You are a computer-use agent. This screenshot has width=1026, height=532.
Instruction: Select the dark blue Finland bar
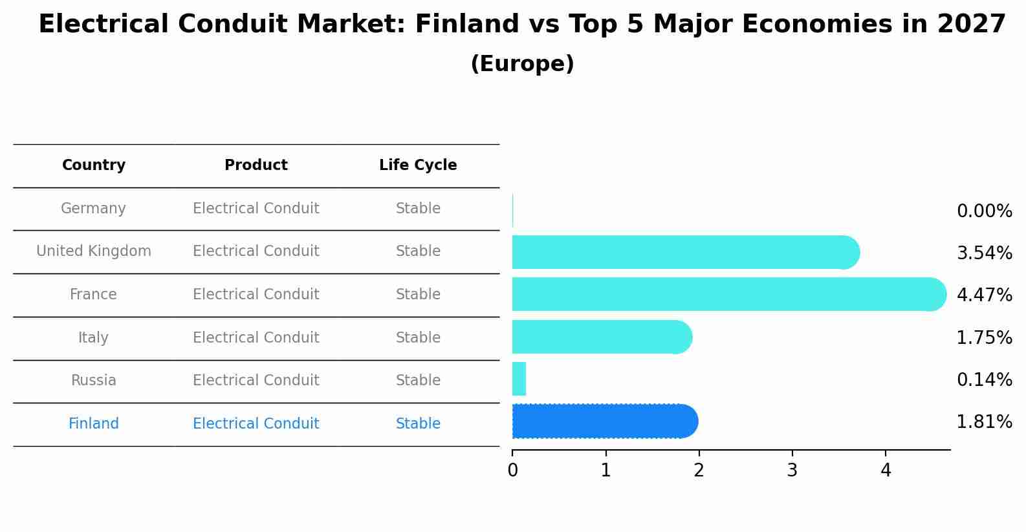(604, 421)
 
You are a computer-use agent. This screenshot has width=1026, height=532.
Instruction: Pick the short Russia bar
(519, 379)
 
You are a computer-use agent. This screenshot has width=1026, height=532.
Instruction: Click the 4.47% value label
(984, 295)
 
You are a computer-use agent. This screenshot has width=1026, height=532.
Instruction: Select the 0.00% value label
(984, 211)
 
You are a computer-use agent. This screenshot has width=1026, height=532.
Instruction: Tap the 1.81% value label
(984, 422)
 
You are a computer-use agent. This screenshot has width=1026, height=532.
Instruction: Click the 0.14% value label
(984, 380)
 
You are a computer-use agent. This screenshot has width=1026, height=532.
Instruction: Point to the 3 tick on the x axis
(792, 471)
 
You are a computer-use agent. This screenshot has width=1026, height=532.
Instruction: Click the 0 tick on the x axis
(512, 471)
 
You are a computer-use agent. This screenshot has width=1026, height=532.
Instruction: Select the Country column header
(94, 165)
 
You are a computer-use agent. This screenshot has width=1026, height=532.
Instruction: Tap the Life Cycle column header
(418, 165)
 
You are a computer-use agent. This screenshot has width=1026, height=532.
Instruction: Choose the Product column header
(256, 165)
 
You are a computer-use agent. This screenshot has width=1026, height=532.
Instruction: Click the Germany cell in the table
(93, 209)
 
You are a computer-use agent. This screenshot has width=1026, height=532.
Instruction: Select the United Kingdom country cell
(94, 251)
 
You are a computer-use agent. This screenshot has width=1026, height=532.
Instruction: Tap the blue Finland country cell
(94, 424)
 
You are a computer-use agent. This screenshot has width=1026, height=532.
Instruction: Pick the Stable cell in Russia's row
(418, 381)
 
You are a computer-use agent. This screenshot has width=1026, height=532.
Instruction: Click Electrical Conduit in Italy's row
(256, 338)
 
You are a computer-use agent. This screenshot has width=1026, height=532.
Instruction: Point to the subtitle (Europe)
(522, 64)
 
